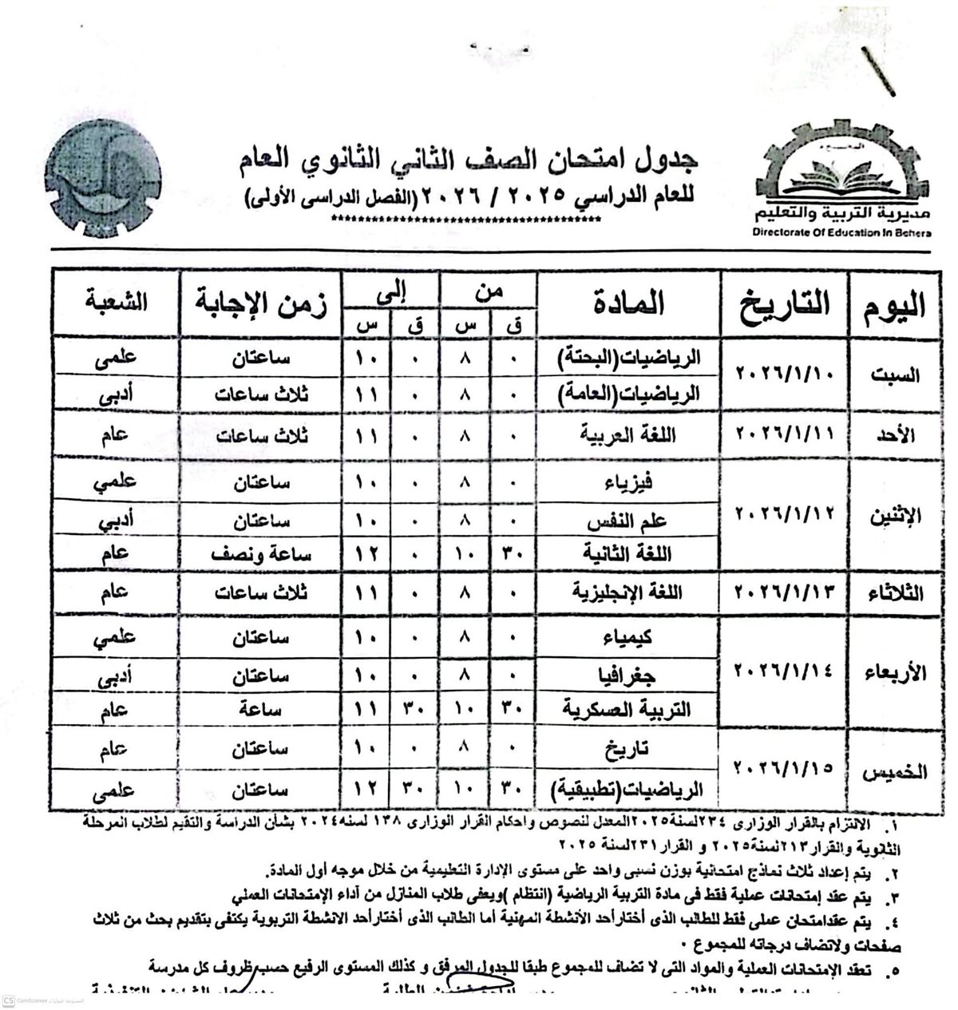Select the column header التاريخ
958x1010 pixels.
(783, 305)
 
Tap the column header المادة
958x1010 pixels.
(628, 304)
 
